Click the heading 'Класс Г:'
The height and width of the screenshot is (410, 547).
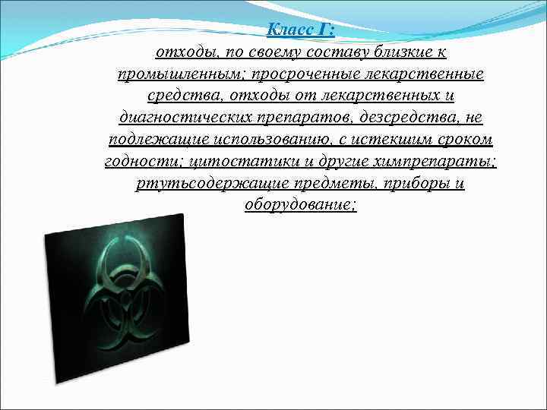click(x=301, y=30)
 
